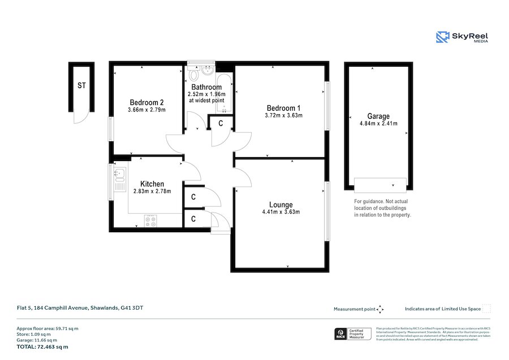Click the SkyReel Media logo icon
pyautogui.click(x=442, y=37)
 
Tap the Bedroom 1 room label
pyautogui.click(x=283, y=108)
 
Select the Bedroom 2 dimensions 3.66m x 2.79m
pyautogui.click(x=146, y=110)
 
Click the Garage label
pyautogui.click(x=378, y=116)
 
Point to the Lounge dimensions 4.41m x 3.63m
pyautogui.click(x=281, y=212)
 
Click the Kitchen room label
pyautogui.click(x=152, y=184)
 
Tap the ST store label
pyautogui.click(x=81, y=86)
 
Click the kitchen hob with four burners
pyautogui.click(x=150, y=221)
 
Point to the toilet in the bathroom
pyautogui.click(x=195, y=75)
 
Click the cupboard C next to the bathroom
pyautogui.click(x=221, y=123)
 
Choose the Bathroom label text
pyautogui.click(x=206, y=87)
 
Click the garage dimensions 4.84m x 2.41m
pyautogui.click(x=378, y=124)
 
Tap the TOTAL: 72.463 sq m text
pyautogui.click(x=42, y=346)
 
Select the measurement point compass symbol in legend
pyautogui.click(x=380, y=309)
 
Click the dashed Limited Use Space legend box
pyautogui.click(x=486, y=309)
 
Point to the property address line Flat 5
pyautogui.click(x=80, y=308)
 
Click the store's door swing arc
pyautogui.click(x=80, y=118)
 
